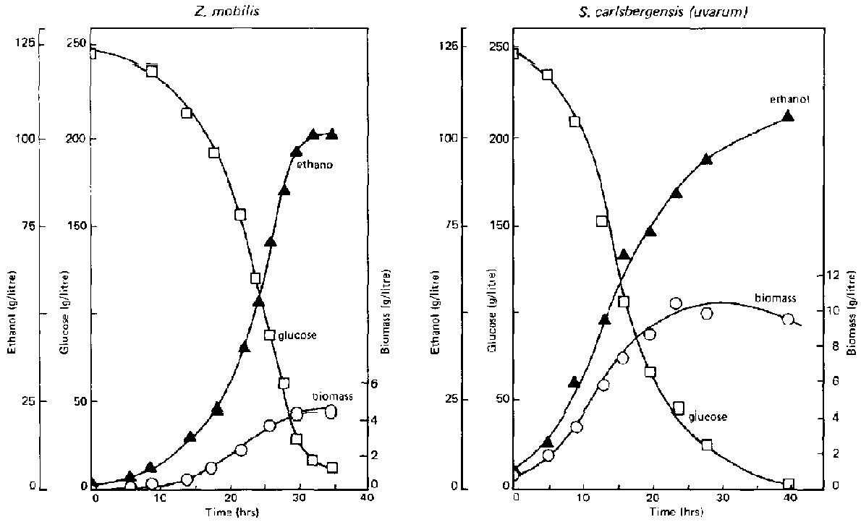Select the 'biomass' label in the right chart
click(x=776, y=298)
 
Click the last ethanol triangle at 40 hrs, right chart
click(x=788, y=116)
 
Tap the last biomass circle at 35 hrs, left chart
click(x=331, y=411)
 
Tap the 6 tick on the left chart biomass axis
click(x=375, y=384)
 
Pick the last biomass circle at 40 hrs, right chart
click(x=788, y=319)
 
